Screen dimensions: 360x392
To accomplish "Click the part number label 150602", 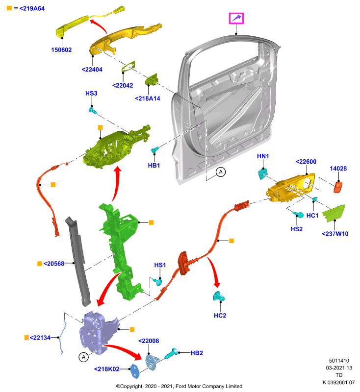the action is [61, 50].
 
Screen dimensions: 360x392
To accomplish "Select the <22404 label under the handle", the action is [92, 70].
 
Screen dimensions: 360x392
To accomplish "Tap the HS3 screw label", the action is [91, 93].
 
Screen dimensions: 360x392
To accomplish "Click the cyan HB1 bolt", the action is [154, 150].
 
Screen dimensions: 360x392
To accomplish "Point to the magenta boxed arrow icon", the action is [236, 18].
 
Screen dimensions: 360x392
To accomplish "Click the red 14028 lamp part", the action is [338, 187].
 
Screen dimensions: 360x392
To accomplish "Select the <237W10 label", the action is [335, 234].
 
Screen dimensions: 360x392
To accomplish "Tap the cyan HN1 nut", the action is [262, 174].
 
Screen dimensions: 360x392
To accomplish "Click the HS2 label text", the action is [296, 229].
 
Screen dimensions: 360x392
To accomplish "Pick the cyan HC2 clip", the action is [219, 296].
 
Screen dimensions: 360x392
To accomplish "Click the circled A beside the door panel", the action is [221, 172].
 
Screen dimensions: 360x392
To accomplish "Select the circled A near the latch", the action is [83, 357].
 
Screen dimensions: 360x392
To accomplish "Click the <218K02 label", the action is [106, 369].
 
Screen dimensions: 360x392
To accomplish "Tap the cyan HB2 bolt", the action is [171, 353].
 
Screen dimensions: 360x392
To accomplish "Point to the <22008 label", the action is [149, 341].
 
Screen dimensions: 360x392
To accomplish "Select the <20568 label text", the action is [54, 264].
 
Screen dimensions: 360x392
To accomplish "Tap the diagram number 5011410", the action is [339, 361].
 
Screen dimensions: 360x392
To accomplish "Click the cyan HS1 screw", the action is [158, 282].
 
